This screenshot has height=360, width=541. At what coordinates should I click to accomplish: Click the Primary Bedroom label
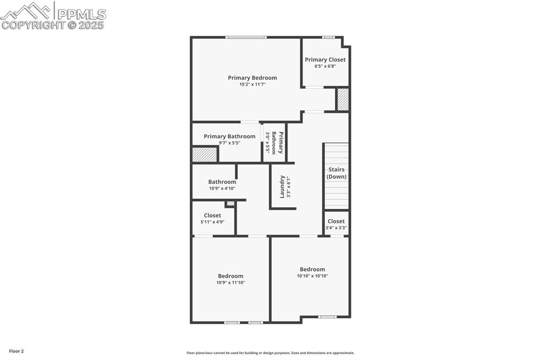(x=252, y=78)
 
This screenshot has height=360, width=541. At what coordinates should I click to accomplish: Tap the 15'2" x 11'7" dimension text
(x=252, y=84)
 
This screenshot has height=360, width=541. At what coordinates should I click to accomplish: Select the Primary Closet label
(x=325, y=60)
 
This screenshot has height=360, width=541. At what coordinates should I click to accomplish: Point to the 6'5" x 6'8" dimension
(x=325, y=66)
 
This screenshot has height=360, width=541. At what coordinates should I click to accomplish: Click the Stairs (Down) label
(x=336, y=173)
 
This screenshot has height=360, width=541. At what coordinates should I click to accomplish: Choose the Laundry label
(x=283, y=187)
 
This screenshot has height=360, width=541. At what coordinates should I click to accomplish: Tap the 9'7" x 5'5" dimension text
(x=229, y=143)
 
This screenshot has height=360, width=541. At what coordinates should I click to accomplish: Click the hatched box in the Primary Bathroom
(x=204, y=155)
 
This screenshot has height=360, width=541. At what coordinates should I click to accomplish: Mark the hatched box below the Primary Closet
(x=343, y=99)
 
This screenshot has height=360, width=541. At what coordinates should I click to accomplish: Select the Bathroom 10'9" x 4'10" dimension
(x=222, y=188)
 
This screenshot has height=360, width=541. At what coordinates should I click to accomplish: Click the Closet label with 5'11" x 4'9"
(x=212, y=215)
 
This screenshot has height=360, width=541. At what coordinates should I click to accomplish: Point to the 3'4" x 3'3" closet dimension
(x=336, y=228)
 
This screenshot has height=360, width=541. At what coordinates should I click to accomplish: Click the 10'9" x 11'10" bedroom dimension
(x=230, y=282)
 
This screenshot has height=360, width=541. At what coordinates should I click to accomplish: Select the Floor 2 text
(x=16, y=351)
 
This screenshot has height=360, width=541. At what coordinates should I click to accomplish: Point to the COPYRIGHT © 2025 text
(x=53, y=25)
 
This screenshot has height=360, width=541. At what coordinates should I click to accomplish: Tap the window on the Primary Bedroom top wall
(x=246, y=37)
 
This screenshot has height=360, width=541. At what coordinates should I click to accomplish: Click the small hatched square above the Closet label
(x=230, y=203)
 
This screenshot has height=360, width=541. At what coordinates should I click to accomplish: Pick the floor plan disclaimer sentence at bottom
(x=270, y=353)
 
